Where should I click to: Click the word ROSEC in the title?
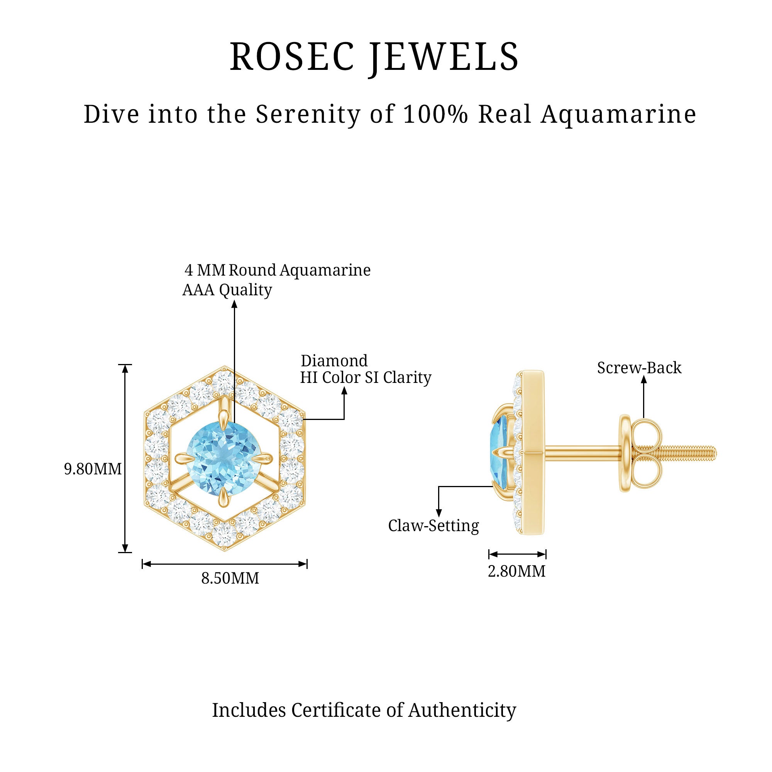(x=292, y=57)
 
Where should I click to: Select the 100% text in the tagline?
(x=435, y=114)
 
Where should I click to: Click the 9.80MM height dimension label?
(x=93, y=469)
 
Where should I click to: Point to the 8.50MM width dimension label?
(x=230, y=578)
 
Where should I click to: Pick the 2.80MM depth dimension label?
(x=517, y=571)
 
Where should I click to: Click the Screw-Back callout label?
(x=639, y=367)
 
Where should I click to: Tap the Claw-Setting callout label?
(x=433, y=526)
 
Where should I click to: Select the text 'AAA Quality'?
(x=227, y=290)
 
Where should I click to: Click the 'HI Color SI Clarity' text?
(x=366, y=378)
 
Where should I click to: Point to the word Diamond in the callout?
(x=334, y=361)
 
